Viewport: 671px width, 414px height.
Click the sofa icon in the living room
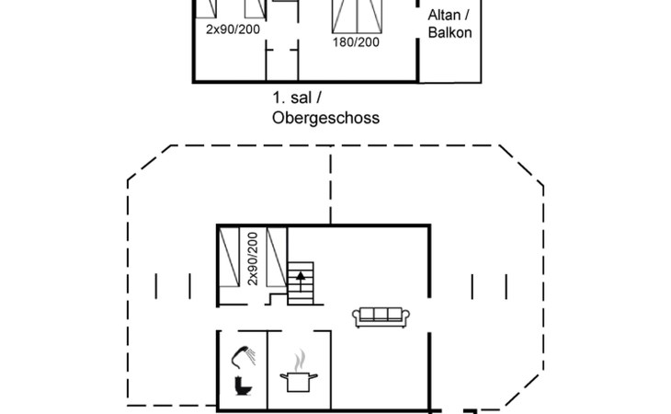[x=381, y=316]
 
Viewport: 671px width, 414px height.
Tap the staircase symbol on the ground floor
[x=301, y=282]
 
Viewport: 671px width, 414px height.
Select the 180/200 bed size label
[x=355, y=40]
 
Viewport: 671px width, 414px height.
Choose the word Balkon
[x=449, y=33]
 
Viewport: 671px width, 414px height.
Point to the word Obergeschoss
[x=325, y=118]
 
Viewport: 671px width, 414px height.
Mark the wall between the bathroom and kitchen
[x=267, y=368]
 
